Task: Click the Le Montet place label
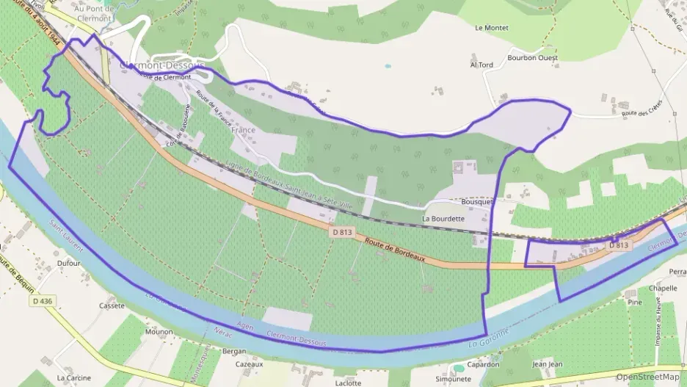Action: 492,28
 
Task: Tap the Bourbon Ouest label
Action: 532,57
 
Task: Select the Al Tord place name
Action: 481,65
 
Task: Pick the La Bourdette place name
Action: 443,219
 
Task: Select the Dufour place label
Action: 68,262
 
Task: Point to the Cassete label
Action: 112,305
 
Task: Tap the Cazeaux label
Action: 249,364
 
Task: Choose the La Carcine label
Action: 74,378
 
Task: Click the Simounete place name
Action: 453,379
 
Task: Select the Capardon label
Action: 484,364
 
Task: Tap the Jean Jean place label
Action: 547,364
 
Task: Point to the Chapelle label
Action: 663,289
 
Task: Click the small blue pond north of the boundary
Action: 388,66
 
